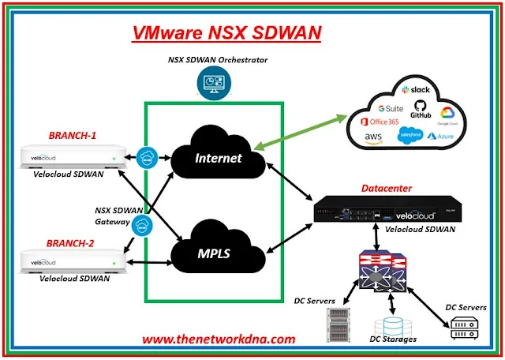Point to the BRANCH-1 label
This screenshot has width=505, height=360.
point(73,135)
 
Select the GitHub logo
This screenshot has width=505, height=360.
point(421,111)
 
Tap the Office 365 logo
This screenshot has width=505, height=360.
point(380,122)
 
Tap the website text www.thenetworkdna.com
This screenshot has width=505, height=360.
point(219,339)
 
